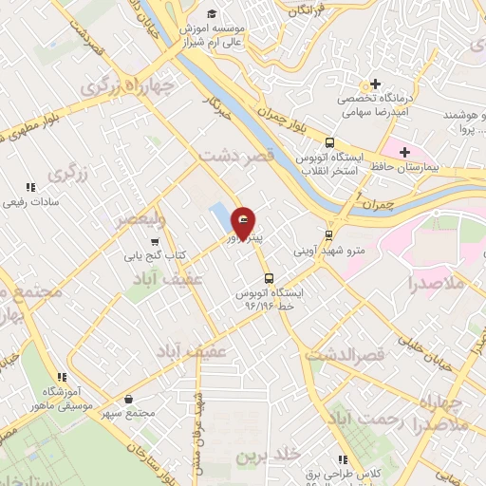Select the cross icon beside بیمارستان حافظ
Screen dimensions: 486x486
click(x=404, y=152)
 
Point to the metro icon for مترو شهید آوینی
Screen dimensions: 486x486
click(x=329, y=234)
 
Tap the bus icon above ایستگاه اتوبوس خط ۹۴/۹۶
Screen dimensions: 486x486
click(x=270, y=279)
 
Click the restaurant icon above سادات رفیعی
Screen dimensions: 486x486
click(x=31, y=188)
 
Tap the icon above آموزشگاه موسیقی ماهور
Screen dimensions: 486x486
click(x=61, y=377)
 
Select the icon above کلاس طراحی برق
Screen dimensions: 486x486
click(x=335, y=457)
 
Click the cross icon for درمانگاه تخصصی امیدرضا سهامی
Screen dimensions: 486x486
click(x=377, y=84)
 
